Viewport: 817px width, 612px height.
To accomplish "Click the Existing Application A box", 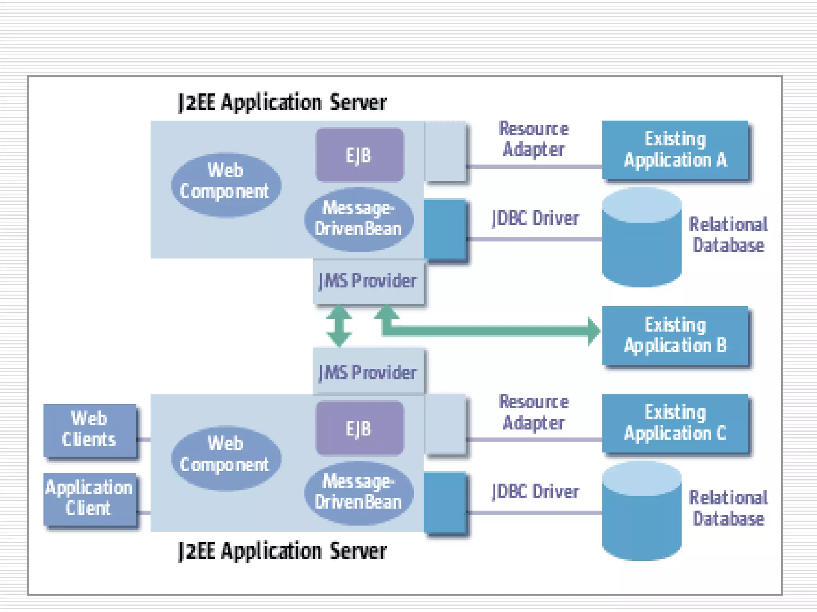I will [675, 150].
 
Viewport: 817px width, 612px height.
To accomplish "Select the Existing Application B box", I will [675, 335].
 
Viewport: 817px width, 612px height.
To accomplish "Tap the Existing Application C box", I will [675, 423].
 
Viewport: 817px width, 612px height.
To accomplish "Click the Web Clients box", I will [90, 430].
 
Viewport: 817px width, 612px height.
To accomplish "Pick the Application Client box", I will [90, 498].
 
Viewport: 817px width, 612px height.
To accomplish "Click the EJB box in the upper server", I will [359, 155].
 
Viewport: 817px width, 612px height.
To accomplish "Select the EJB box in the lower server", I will [359, 428].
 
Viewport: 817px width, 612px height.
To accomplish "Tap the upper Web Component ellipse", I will [226, 185].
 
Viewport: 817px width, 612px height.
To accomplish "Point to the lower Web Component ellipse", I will [226, 458].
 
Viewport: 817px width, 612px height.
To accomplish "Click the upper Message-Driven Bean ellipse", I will [359, 219].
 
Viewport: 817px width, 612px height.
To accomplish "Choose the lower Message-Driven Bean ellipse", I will [359, 492].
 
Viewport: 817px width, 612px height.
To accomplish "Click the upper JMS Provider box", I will [368, 281].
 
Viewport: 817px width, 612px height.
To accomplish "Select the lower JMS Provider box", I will [368, 371].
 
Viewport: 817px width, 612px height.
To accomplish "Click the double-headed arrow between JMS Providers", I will [339, 326].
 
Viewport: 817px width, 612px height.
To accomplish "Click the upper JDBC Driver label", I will [535, 218].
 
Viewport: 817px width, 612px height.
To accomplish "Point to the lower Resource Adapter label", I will [534, 412].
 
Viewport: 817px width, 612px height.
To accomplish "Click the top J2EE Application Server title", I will [282, 102].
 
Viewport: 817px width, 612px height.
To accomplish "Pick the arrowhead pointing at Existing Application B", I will [594, 331].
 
